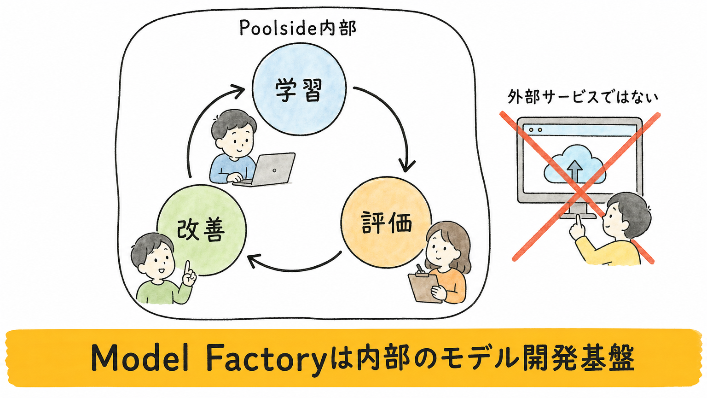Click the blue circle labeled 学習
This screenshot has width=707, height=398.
pyautogui.click(x=299, y=89)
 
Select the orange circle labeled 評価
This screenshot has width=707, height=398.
pyautogui.click(x=386, y=222)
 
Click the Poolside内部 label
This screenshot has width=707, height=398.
pyautogui.click(x=298, y=29)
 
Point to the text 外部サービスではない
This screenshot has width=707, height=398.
pyautogui.click(x=583, y=97)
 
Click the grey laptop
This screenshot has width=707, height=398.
pyautogui.click(x=265, y=170)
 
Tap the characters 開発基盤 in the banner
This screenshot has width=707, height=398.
pyautogui.click(x=579, y=359)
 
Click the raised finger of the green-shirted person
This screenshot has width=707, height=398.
pyautogui.click(x=187, y=269)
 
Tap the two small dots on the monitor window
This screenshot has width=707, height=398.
pyautogui.click(x=535, y=130)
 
